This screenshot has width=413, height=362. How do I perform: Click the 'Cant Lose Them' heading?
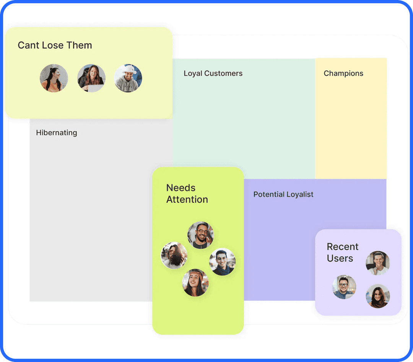(x=55, y=45)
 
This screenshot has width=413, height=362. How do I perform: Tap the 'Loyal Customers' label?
(x=213, y=73)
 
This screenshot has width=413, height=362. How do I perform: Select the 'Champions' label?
(x=343, y=73)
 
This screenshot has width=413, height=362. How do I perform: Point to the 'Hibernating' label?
(x=57, y=133)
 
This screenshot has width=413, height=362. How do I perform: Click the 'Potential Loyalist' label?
(x=283, y=194)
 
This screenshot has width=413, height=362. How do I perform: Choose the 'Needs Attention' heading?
(x=187, y=194)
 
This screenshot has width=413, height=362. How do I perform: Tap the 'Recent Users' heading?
(x=342, y=252)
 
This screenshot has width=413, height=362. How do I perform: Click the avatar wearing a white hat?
(x=128, y=78)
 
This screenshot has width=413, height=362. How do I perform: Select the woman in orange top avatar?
(x=54, y=78)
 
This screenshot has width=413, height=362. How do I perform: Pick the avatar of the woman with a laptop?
(x=91, y=78)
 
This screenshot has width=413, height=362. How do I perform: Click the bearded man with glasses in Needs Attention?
(x=200, y=235)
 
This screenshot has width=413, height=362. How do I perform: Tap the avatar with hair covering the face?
(x=174, y=255)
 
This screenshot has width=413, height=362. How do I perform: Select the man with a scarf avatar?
(x=222, y=262)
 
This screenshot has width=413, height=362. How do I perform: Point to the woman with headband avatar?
(x=195, y=283)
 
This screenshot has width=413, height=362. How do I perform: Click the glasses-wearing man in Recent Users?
(x=344, y=287)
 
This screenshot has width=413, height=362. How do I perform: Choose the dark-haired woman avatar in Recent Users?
(x=378, y=296)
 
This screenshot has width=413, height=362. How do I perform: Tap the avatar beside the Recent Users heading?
(x=378, y=263)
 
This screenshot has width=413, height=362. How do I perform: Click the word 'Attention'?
(x=187, y=200)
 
